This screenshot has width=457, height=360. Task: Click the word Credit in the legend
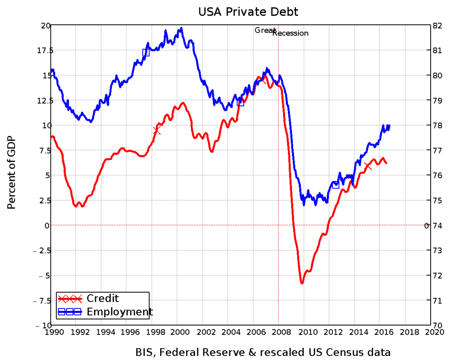[x=103, y=298]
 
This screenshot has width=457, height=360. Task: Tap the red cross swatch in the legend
[x=70, y=299]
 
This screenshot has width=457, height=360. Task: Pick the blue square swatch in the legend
[x=70, y=312]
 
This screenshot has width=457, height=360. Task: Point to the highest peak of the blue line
[x=181, y=28]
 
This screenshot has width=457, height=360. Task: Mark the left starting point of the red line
[x=52, y=137]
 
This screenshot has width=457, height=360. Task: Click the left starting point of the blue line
[x=52, y=70]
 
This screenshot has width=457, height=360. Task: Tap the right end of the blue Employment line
[x=390, y=126]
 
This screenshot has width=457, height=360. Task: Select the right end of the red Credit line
[x=386, y=163]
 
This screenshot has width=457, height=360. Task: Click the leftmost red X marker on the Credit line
[x=157, y=130]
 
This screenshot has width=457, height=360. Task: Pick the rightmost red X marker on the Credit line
[x=368, y=167]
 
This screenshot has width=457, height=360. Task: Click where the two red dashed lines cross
[x=278, y=225]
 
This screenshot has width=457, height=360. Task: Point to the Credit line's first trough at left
[x=76, y=206]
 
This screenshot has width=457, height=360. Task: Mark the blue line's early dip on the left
[x=91, y=121]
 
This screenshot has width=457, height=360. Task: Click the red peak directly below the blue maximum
[x=183, y=103]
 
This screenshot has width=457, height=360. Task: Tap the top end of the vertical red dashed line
[x=278, y=36]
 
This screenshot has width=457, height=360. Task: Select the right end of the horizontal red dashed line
[x=426, y=225]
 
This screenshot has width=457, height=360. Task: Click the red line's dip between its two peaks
[x=212, y=152]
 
